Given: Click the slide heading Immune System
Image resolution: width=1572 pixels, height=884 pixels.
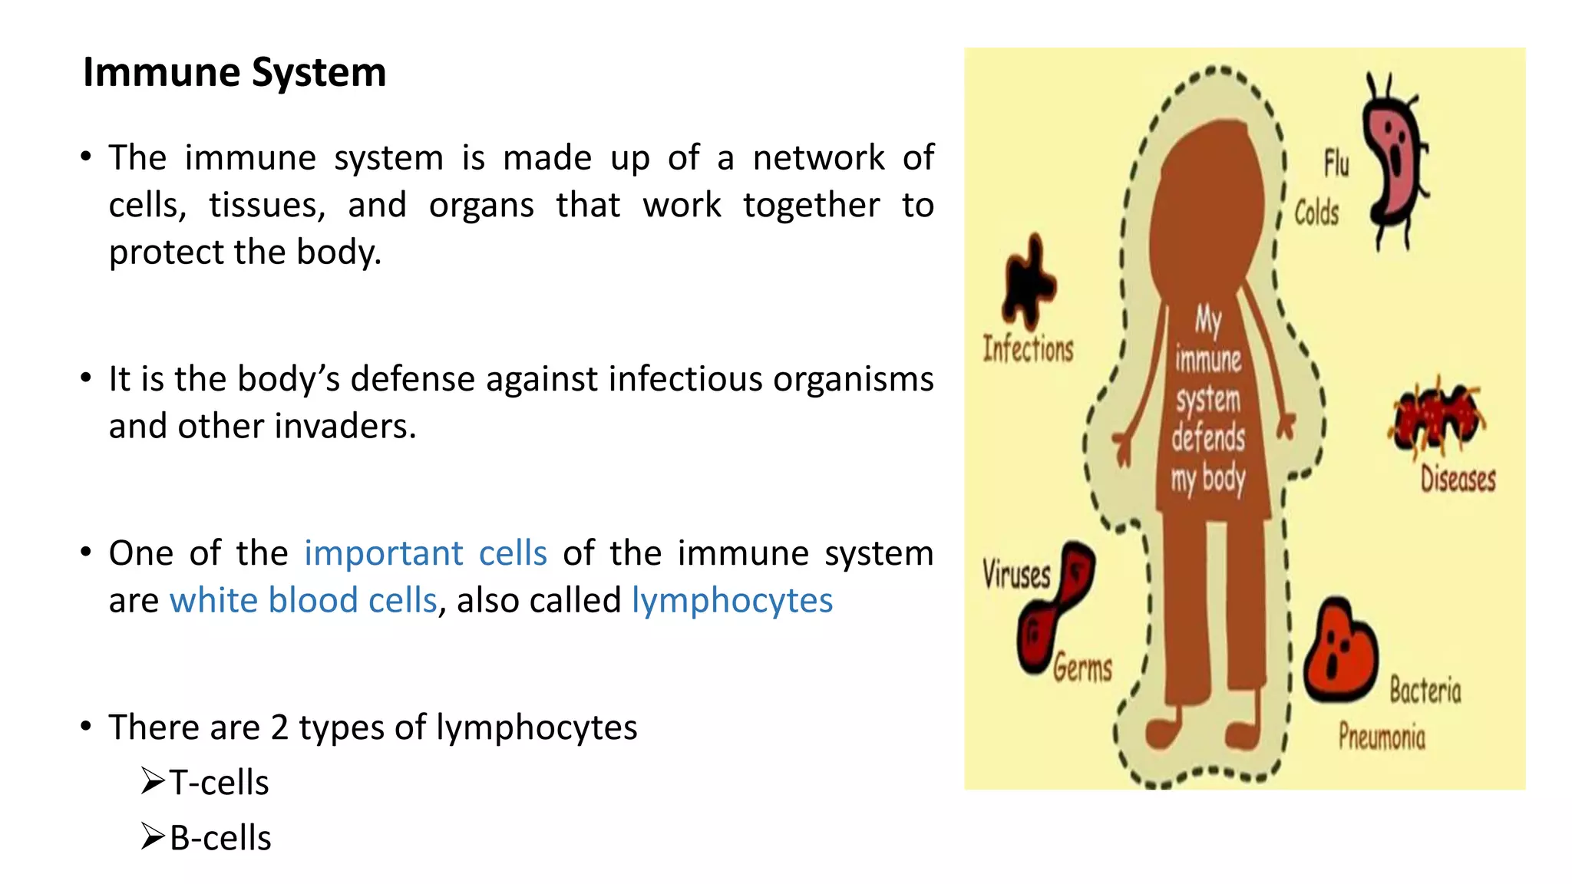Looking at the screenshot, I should tap(234, 73).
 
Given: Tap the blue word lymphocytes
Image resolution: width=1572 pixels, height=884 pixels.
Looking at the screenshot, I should tap(732, 600).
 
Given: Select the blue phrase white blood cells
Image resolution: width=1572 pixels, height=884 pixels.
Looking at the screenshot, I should tap(303, 600).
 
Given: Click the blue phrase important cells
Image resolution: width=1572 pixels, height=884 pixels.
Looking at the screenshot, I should tap(425, 553).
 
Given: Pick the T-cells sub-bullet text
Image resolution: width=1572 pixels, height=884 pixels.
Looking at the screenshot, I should tap(219, 783).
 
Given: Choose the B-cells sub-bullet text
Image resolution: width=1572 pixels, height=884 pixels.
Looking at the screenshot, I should tap(220, 838).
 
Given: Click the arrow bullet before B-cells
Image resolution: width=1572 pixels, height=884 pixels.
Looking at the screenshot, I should tap(153, 836).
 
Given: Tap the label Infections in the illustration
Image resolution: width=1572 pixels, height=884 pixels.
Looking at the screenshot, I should tap(1028, 349).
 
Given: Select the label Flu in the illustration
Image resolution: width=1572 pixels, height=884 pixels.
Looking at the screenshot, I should tap(1336, 163).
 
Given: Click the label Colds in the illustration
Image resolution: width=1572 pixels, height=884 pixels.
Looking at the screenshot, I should tap(1316, 213).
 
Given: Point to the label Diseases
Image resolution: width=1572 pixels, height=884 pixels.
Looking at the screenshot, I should tap(1457, 479).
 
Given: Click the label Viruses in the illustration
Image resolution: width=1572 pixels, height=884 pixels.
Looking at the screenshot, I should tap(1016, 574).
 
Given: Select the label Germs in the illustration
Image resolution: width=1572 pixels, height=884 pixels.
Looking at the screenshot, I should tap(1082, 668).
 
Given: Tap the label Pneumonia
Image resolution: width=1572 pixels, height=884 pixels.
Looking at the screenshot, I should tap(1382, 737).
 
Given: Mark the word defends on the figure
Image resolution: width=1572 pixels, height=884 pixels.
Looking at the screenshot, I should tap(1207, 437).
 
